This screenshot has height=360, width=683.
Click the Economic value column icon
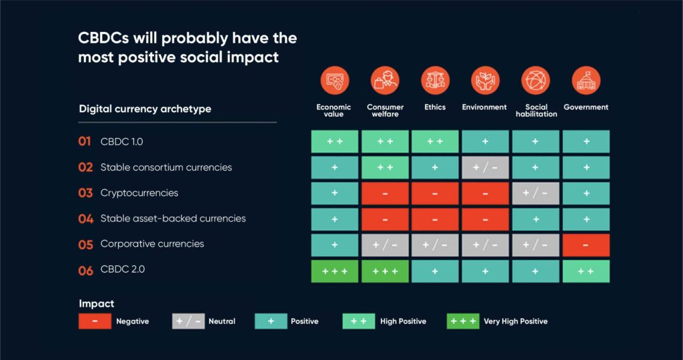click(335, 81)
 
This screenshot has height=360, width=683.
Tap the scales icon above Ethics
click(435, 81)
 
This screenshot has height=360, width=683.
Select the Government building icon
click(586, 81)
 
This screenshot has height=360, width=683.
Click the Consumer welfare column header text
click(385, 111)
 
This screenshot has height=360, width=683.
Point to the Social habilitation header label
click(536, 111)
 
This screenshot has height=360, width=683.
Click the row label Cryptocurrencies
click(139, 193)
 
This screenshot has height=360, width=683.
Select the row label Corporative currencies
click(152, 244)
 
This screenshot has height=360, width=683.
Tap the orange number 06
click(85, 271)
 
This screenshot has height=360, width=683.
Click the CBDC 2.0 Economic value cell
click(335, 271)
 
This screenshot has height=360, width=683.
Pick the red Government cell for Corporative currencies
click(586, 245)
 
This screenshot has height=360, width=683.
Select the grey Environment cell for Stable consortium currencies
click(486, 167)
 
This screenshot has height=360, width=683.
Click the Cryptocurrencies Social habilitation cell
click(536, 193)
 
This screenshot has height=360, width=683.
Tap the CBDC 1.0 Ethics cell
click(435, 141)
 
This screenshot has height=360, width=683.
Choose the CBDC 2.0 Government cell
click(586, 271)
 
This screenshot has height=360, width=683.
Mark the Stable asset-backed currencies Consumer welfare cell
click(385, 219)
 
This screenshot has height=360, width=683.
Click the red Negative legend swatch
click(95, 321)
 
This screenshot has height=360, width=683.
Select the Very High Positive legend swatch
click(463, 321)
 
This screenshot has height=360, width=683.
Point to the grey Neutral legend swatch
click(188, 321)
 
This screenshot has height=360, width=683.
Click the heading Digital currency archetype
click(145, 109)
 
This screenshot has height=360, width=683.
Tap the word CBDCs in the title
click(103, 38)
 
